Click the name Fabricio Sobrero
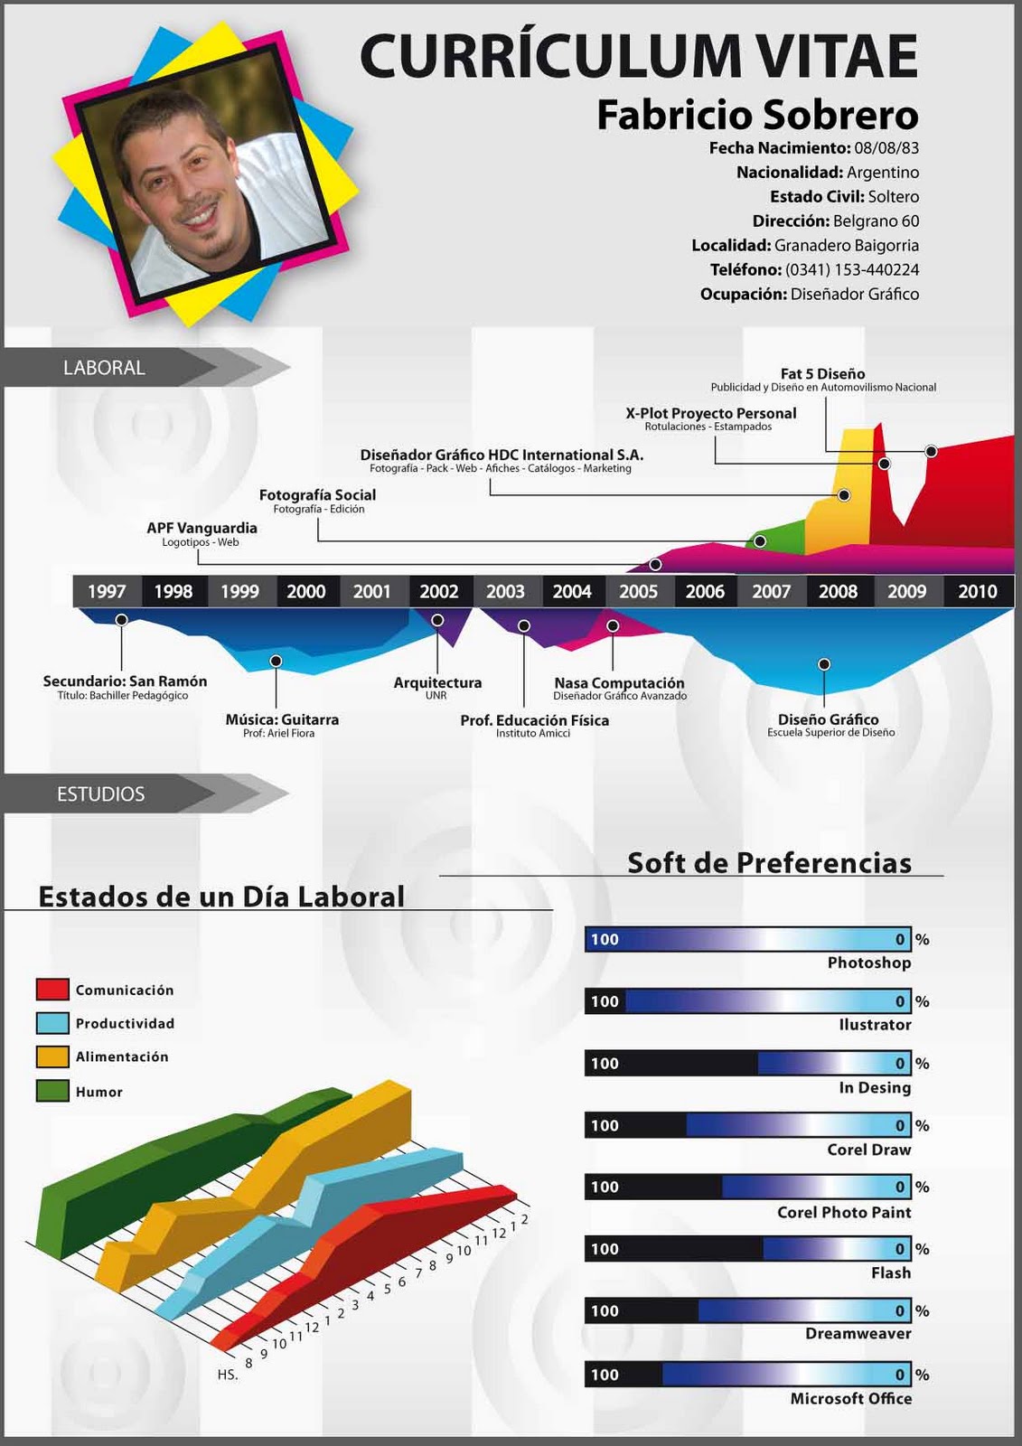[757, 115]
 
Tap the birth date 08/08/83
[886, 148]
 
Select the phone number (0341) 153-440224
[852, 269]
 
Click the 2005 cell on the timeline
[638, 591]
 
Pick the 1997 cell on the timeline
[107, 591]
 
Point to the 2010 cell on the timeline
[977, 591]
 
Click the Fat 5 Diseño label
[822, 373]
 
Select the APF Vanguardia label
[202, 528]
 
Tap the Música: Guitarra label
[282, 719]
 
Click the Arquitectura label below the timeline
[437, 682]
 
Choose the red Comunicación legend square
[52, 989]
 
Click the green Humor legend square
[52, 1091]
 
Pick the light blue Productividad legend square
[52, 1023]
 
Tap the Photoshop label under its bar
[869, 962]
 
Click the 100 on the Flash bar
[605, 1249]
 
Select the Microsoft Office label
[851, 1398]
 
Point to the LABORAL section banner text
[104, 368]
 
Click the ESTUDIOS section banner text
[100, 794]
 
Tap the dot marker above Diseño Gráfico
[824, 664]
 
